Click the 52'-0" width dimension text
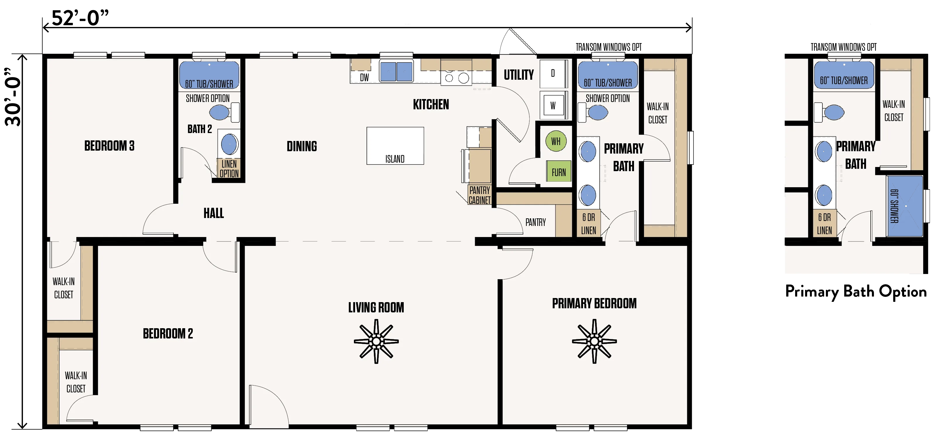(80, 18)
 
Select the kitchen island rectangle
(395, 146)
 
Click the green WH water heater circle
(556, 141)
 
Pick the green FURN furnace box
(559, 171)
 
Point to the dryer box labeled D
(553, 74)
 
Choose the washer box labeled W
(553, 105)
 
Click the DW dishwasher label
(364, 77)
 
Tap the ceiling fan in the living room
(376, 341)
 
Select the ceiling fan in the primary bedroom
(594, 341)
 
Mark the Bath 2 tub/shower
(209, 75)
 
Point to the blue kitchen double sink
(396, 71)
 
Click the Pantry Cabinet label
(480, 195)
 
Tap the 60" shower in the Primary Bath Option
(905, 206)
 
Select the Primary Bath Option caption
(856, 292)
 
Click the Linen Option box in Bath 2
(229, 169)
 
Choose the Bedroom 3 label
(110, 146)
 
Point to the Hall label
(214, 213)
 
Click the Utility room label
(519, 75)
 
